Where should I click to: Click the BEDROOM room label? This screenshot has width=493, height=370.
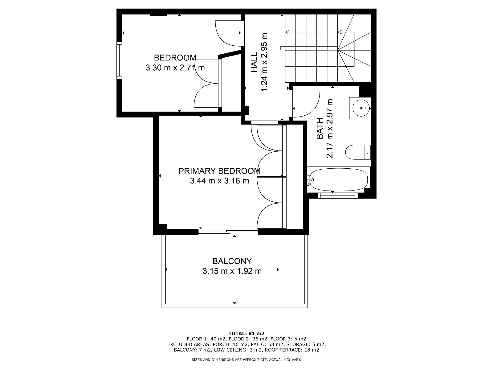click(175, 58)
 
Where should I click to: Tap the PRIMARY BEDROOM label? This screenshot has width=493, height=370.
click(219, 171)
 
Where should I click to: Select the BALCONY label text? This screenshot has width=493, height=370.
click(232, 261)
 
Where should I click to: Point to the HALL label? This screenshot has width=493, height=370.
click(254, 63)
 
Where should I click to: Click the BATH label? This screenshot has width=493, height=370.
click(320, 129)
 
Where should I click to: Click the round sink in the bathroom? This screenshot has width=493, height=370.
click(361, 108)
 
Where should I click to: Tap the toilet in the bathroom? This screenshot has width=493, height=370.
click(358, 152)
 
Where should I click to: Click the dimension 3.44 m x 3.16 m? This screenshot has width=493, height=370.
click(219, 181)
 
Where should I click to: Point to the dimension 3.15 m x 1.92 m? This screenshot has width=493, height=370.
click(232, 271)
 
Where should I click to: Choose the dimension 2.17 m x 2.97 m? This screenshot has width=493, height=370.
click(330, 129)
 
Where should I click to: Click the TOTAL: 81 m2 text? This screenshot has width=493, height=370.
click(246, 333)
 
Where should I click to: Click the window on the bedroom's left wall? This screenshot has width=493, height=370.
click(119, 60)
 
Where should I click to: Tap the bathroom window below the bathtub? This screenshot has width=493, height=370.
click(338, 195)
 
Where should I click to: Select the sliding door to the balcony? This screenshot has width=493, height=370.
click(228, 232)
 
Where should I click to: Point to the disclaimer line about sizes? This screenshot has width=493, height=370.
click(246, 360)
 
